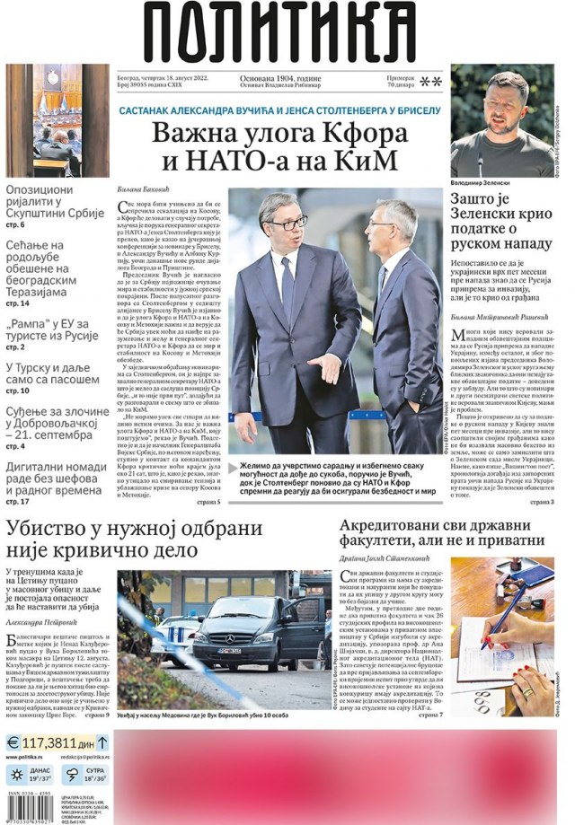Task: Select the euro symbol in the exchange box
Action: pos(13,742)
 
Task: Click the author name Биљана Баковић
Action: pos(144,190)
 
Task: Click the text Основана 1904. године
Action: pos(280,78)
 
